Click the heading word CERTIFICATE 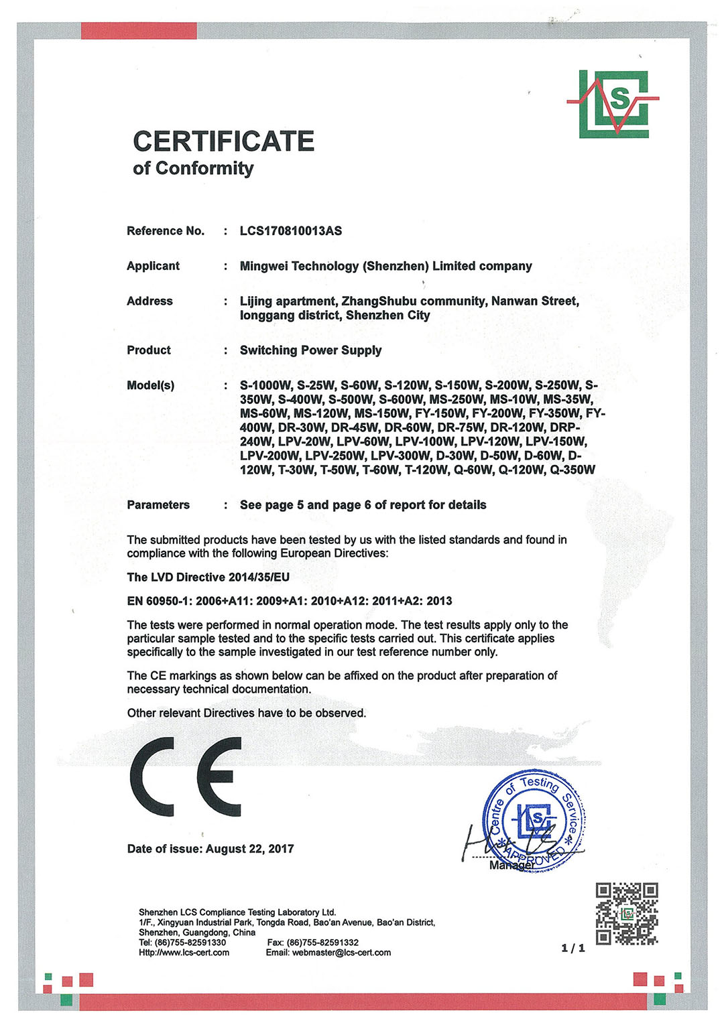223,141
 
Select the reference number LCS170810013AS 290,231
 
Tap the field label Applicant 153,266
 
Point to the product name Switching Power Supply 310,350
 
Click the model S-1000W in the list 265,386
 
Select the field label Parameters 158,505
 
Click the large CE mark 186,777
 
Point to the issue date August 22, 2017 249,849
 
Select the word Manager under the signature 511,866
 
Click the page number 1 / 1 572,948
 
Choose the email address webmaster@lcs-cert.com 341,953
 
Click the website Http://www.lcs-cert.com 184,953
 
